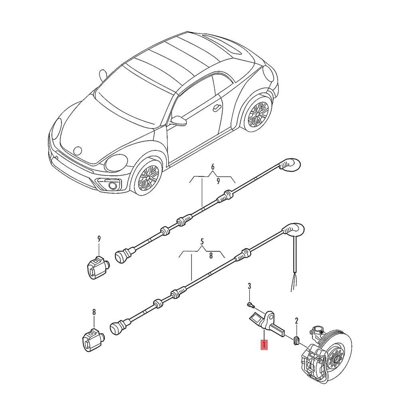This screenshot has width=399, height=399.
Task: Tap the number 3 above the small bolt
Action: (x=249, y=286)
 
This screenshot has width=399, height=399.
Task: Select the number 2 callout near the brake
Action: (x=296, y=320)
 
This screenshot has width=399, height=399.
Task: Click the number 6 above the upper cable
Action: (x=213, y=166)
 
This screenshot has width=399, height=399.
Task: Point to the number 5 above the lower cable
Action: (x=202, y=241)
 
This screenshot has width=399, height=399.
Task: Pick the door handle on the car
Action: (x=217, y=108)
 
